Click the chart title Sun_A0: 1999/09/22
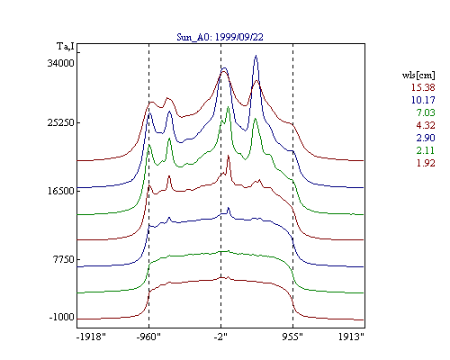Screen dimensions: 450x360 point(220,37)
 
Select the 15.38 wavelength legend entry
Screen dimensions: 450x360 point(423,87)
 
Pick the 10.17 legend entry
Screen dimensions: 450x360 point(423,100)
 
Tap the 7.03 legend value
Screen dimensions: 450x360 point(426,112)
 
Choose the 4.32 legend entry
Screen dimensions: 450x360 point(426,125)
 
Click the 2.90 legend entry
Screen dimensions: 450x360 point(426,138)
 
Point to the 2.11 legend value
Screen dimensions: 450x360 point(426,150)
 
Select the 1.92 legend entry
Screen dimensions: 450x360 point(426,163)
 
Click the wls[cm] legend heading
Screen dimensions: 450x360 point(418,75)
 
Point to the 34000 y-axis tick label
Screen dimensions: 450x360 point(60,63)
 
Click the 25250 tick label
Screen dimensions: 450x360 point(60,122)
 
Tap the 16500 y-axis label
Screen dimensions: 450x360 point(60,191)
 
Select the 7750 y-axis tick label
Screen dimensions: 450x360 point(64,259)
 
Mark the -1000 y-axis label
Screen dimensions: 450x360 point(62,317)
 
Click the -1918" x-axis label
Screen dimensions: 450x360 point(91,337)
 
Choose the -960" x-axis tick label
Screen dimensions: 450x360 point(148,337)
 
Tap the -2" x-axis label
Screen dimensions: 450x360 point(220,337)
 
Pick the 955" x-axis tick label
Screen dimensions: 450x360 point(292,337)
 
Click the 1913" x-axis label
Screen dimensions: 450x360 point(351,337)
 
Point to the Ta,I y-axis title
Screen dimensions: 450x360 point(66,47)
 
